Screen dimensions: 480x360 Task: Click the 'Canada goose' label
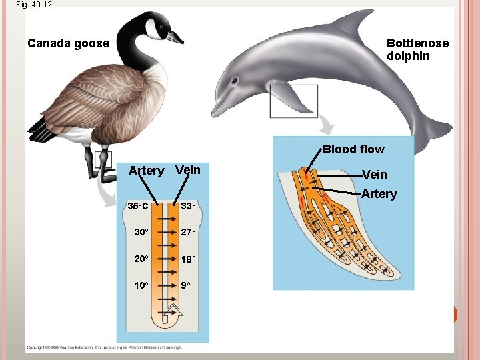[68, 43]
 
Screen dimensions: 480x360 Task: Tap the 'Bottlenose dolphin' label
[417, 49]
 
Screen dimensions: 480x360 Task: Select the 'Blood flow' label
[353, 149]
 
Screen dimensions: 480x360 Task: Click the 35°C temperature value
[139, 206]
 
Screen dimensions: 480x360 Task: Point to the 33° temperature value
[188, 206]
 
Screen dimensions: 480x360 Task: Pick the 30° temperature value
[141, 232]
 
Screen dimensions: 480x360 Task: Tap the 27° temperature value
[188, 232]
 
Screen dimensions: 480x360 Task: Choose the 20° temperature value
[141, 259]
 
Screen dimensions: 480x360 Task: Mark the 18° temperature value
[188, 259]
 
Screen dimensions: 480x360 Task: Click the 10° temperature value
[141, 285]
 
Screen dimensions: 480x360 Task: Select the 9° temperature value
[186, 285]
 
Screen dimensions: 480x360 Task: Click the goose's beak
[174, 37]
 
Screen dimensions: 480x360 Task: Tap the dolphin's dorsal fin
[354, 23]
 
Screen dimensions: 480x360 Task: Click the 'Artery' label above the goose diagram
[146, 171]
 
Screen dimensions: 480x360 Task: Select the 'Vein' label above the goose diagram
[187, 170]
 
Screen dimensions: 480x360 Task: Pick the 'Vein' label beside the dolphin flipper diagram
[374, 175]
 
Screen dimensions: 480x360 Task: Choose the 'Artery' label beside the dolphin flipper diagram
[379, 194]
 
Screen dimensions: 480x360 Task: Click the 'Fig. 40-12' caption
[33, 4]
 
